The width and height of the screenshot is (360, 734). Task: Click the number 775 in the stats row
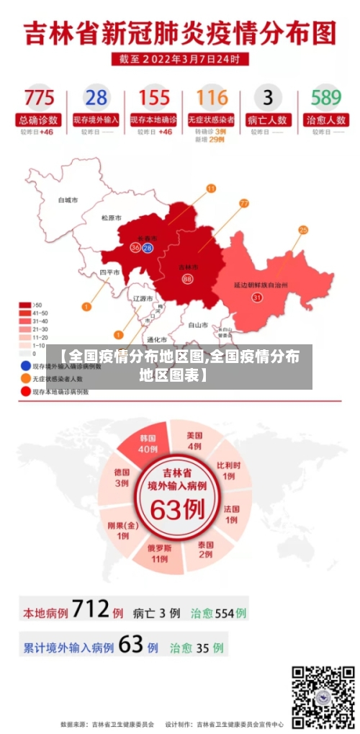point(39,97)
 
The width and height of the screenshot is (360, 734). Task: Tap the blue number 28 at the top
point(96,97)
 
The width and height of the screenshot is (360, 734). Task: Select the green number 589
point(325,97)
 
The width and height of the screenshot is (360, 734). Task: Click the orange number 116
point(211,97)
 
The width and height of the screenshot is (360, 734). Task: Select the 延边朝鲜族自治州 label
point(261,285)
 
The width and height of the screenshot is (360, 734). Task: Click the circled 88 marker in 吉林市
point(187,279)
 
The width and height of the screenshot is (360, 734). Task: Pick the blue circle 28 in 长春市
point(148,248)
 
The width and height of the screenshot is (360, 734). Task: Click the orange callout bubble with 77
point(244,204)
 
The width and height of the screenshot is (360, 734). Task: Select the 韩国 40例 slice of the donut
point(147,444)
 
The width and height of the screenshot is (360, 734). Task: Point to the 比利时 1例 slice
point(228,471)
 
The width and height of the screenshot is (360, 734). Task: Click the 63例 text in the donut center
point(177,510)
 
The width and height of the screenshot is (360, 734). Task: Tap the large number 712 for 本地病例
point(91,611)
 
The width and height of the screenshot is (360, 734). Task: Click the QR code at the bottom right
point(323,697)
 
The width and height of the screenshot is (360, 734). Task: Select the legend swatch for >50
point(24,305)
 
